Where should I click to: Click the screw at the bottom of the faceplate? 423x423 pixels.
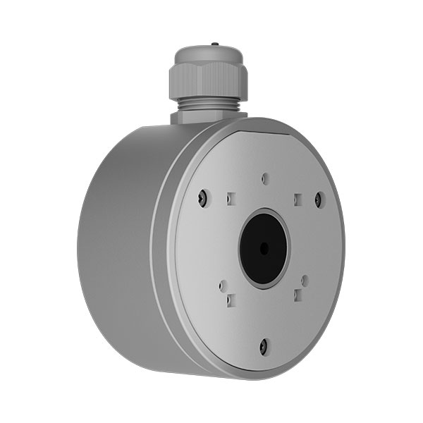pos(264,345)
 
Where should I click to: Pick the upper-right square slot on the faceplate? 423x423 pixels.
pos(298,198)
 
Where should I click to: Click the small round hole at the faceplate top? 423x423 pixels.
pos(264,178)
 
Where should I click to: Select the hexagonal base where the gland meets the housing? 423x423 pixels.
pos(208,116)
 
